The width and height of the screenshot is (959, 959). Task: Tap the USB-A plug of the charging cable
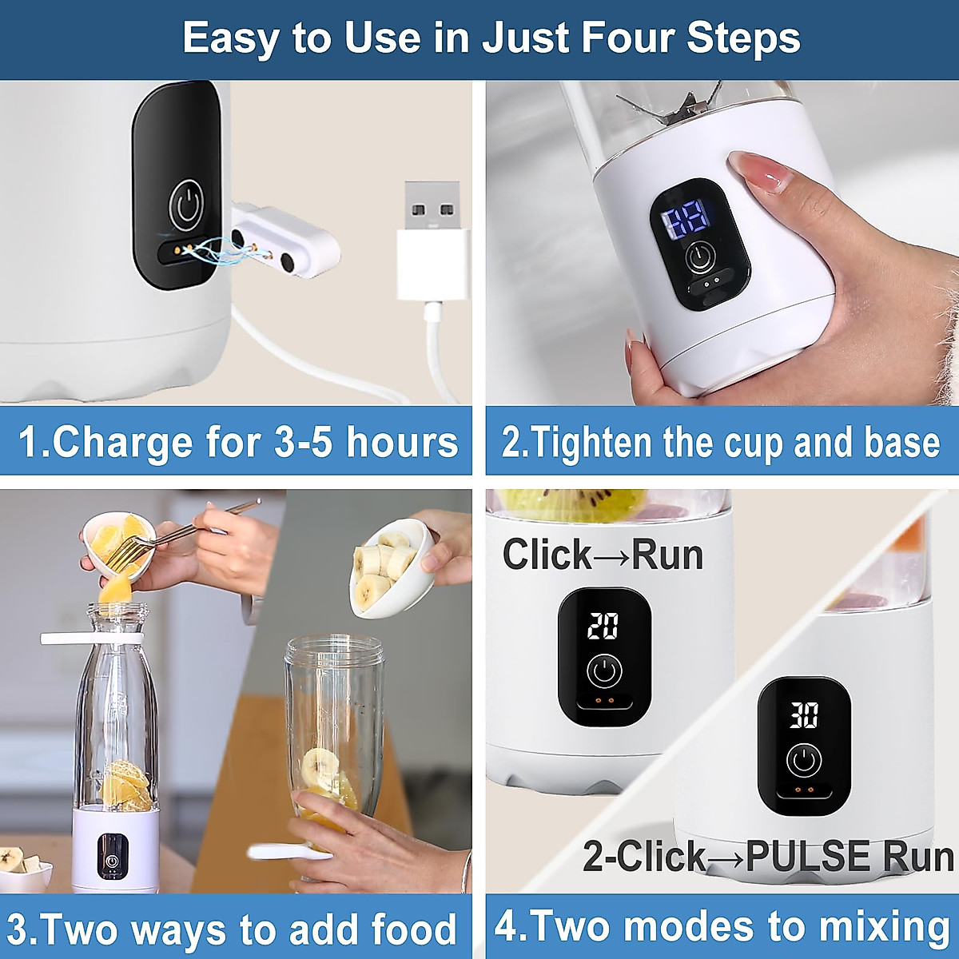432,240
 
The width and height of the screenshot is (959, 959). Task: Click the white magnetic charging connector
285,242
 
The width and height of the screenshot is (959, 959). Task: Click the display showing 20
603,626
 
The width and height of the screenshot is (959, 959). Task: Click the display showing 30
804,715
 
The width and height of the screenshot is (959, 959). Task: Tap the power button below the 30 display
804,761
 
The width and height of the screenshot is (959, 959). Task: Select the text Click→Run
603,555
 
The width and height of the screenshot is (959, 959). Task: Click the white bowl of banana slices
392,567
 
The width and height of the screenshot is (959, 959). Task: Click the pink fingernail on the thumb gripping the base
756,170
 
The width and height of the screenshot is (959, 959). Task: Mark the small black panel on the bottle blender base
112,856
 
